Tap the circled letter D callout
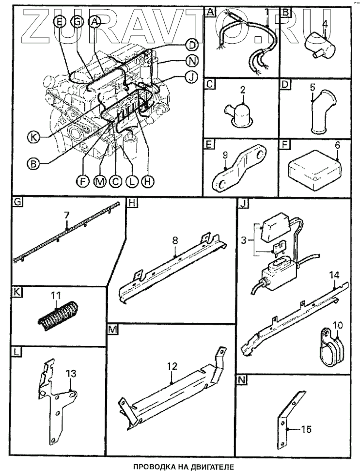coord(192,46)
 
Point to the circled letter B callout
coord(33,164)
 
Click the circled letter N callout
coord(192,61)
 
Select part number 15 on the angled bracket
coord(306,429)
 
